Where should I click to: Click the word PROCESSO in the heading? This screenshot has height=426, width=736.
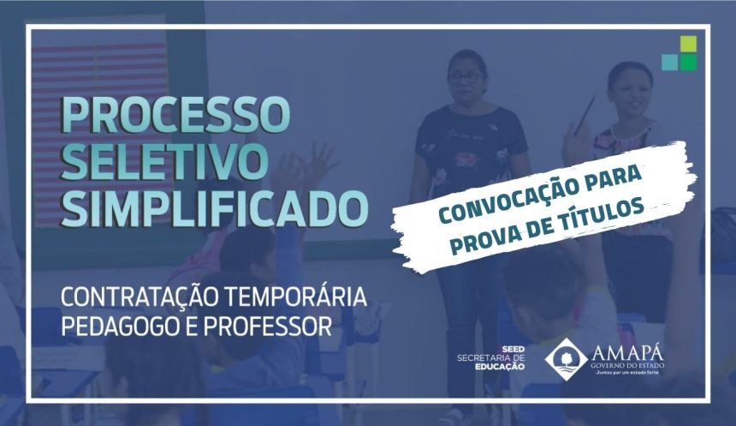tap(175, 115)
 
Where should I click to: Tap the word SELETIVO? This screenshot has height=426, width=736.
tap(165, 160)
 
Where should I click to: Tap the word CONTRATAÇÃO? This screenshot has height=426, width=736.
tap(139, 297)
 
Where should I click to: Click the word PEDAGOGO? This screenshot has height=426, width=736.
tap(119, 327)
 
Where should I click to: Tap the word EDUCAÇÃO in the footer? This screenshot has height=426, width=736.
tap(500, 366)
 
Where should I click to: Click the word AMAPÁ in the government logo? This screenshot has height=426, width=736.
tap(627, 351)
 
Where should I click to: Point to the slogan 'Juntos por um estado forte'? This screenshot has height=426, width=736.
tap(627, 372)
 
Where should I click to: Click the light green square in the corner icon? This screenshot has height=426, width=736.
tap(689, 45)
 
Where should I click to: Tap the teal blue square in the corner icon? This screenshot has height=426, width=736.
tap(670, 62)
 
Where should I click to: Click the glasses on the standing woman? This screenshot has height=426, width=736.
tap(464, 78)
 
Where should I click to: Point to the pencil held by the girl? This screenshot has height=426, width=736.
tap(585, 114)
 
